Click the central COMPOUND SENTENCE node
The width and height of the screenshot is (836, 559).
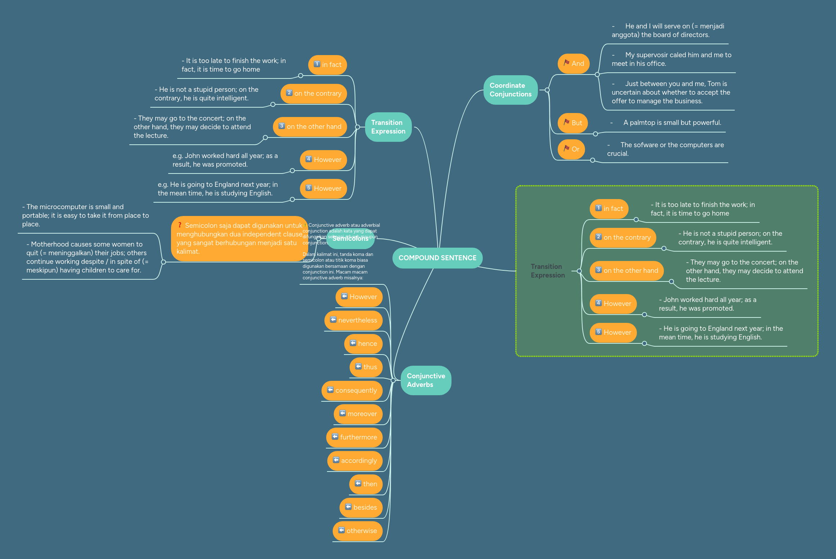click(x=437, y=258)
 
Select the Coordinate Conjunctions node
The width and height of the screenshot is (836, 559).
click(x=510, y=90)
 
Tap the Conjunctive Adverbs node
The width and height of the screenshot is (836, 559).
click(x=426, y=380)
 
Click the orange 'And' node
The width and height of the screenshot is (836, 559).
click(x=574, y=64)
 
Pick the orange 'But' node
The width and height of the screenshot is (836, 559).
click(x=572, y=123)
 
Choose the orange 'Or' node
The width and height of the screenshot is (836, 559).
click(x=571, y=149)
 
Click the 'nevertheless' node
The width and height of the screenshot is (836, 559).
click(x=353, y=320)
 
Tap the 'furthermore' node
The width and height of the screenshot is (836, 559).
click(x=354, y=437)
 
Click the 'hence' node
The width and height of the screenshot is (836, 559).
click(x=363, y=343)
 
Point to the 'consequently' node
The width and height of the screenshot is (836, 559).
click(x=352, y=390)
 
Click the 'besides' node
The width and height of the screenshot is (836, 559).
click(x=361, y=507)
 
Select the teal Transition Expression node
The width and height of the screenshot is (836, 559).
click(x=388, y=127)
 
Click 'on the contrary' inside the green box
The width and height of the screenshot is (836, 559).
click(x=623, y=238)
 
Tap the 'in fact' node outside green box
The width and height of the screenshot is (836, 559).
click(x=327, y=65)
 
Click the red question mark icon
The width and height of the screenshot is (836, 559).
click(x=179, y=225)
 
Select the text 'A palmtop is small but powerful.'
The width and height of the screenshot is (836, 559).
click(x=672, y=123)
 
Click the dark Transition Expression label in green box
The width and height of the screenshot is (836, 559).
click(x=547, y=271)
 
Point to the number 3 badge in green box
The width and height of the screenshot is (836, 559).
click(x=598, y=270)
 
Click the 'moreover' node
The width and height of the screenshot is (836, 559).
click(x=358, y=414)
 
